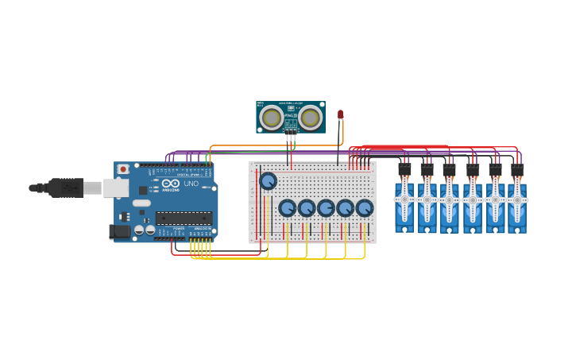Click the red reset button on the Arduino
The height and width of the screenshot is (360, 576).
[x=123, y=169]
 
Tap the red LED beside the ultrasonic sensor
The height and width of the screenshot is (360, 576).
[x=340, y=114]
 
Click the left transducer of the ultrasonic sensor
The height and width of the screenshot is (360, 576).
[x=272, y=118]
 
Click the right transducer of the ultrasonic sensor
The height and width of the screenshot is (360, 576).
[x=310, y=118]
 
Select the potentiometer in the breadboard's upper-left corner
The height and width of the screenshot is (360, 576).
[x=268, y=181]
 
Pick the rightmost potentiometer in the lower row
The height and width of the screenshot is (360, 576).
[x=364, y=208]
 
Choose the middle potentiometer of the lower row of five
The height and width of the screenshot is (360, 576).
[x=326, y=208]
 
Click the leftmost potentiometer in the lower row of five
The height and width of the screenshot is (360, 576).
[x=287, y=208]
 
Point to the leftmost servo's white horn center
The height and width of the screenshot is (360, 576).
[x=404, y=198]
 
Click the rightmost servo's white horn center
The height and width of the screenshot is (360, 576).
[x=516, y=198]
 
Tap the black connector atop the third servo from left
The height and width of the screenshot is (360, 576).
[x=449, y=169]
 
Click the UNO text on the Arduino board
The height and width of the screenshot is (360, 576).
[x=191, y=184]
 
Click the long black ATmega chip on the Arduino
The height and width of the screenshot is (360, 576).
[x=184, y=218]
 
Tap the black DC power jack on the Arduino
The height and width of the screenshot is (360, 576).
[x=118, y=231]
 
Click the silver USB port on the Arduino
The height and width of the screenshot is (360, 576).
[x=116, y=188]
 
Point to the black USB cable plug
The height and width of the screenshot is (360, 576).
[x=66, y=188]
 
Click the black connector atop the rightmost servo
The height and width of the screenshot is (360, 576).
[x=517, y=169]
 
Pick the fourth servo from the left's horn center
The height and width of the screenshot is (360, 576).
[x=472, y=198]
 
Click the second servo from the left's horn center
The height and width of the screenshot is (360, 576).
[x=427, y=198]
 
